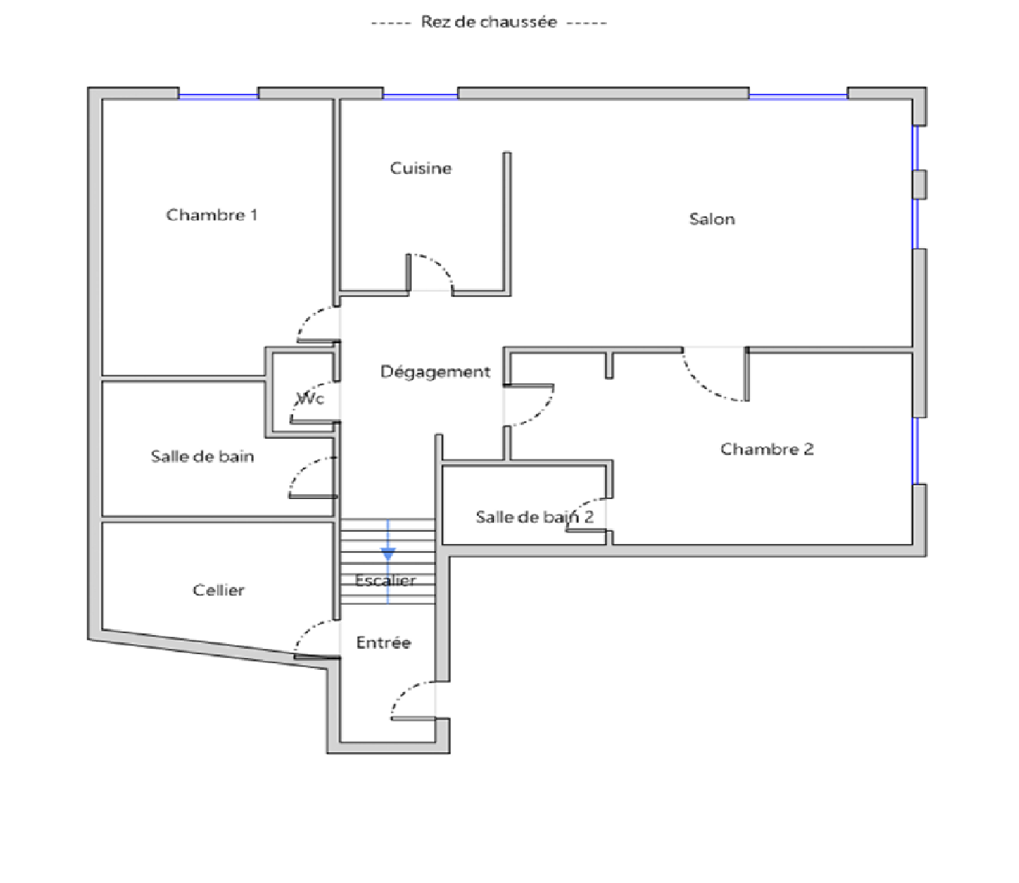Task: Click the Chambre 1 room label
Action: pyautogui.click(x=211, y=215)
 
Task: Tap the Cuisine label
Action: pyautogui.click(x=421, y=168)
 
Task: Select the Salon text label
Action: pyautogui.click(x=712, y=219)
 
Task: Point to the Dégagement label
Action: pyautogui.click(x=435, y=372)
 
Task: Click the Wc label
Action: pyautogui.click(x=310, y=399)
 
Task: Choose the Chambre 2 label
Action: pyautogui.click(x=767, y=449)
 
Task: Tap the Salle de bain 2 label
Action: pyautogui.click(x=534, y=517)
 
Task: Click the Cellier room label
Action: pyautogui.click(x=218, y=590)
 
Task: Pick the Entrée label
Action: pyautogui.click(x=384, y=642)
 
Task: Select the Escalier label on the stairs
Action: pyautogui.click(x=386, y=581)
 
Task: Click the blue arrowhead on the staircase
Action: pyautogui.click(x=388, y=554)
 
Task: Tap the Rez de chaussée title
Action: pyautogui.click(x=489, y=22)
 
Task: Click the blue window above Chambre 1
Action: pyautogui.click(x=218, y=96)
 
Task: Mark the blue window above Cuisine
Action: pyautogui.click(x=421, y=96)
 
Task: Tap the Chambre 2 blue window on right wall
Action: pyautogui.click(x=915, y=450)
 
